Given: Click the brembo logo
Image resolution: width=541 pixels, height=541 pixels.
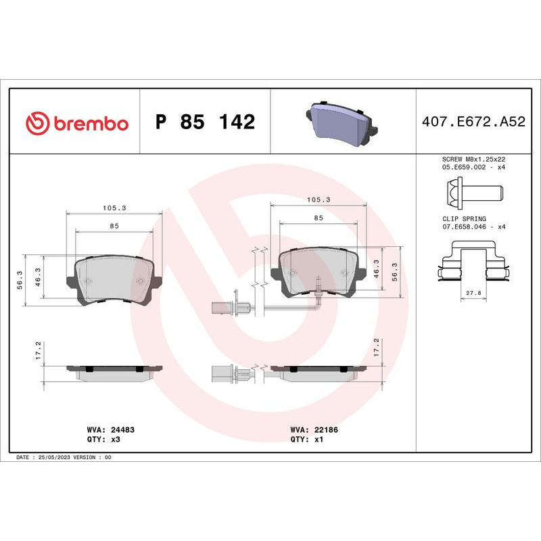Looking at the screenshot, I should coord(76,123).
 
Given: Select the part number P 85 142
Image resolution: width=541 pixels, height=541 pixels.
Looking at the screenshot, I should coord(205,122).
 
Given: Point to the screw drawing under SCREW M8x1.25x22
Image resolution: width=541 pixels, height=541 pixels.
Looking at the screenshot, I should coord(473,192).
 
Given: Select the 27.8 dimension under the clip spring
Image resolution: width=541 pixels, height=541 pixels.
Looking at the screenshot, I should coord(473,293).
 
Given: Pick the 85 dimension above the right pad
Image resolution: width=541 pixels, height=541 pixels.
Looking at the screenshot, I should coord(318,218).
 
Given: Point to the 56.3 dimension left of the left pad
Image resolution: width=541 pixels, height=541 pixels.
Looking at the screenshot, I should coord(20,279).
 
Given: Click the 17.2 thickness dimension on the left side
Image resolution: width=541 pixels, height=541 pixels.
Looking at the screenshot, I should coord(39,350).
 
